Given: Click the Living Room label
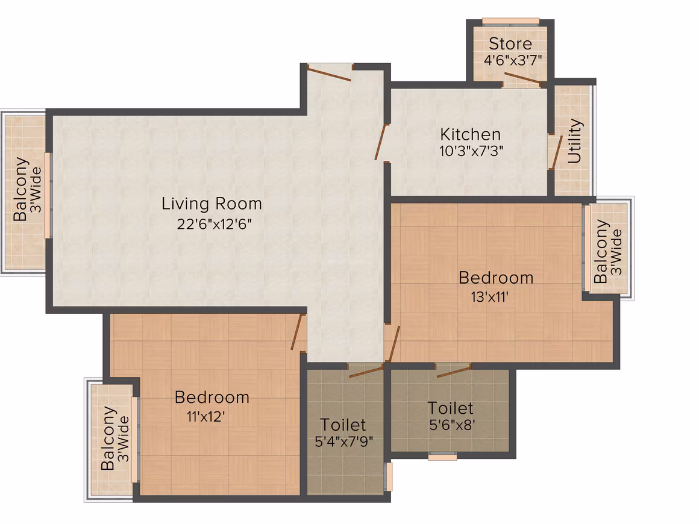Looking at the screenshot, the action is pos(212,204).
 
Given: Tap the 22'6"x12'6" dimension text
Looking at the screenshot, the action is pos(214,223).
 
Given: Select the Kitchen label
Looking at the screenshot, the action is pos(470,134).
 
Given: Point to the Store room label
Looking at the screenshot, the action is pos(510,43).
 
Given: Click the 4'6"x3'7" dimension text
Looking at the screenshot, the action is pos(513,60).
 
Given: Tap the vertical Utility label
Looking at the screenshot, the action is pos(575,141).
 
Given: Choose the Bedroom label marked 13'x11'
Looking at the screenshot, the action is pos(496,278).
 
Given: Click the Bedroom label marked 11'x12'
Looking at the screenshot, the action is pos(212,397).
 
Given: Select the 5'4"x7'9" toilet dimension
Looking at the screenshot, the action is pos(343,441).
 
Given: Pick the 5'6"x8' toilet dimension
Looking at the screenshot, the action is pos(451,425).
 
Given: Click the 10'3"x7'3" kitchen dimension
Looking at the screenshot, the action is pos(471,151).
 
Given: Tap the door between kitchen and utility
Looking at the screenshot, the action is pos(556,152).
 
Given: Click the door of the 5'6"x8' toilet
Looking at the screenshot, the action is pos(454,371).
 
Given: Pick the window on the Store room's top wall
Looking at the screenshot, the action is pos(511,22).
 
